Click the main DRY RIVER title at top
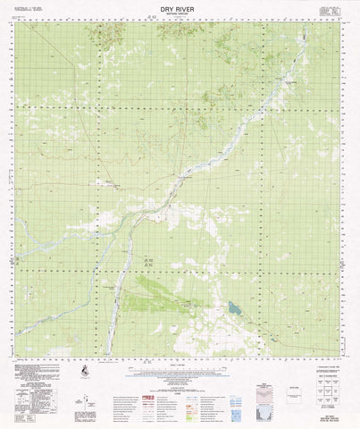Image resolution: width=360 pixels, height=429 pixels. tap(180, 7)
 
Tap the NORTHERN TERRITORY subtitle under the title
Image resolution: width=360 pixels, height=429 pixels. tap(180, 14)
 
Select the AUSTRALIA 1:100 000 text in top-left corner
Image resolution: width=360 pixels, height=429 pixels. tap(31, 5)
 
